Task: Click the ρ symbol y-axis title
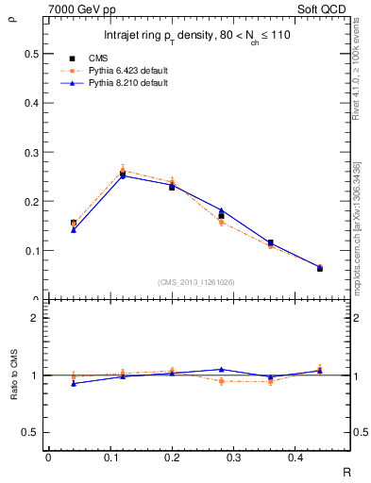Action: [x=12, y=16]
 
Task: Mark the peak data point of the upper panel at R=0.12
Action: [x=123, y=174]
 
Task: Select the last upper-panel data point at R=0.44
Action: [x=319, y=268]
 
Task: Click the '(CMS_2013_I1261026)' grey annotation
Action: [x=197, y=281]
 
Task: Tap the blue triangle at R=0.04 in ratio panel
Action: [x=74, y=383]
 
